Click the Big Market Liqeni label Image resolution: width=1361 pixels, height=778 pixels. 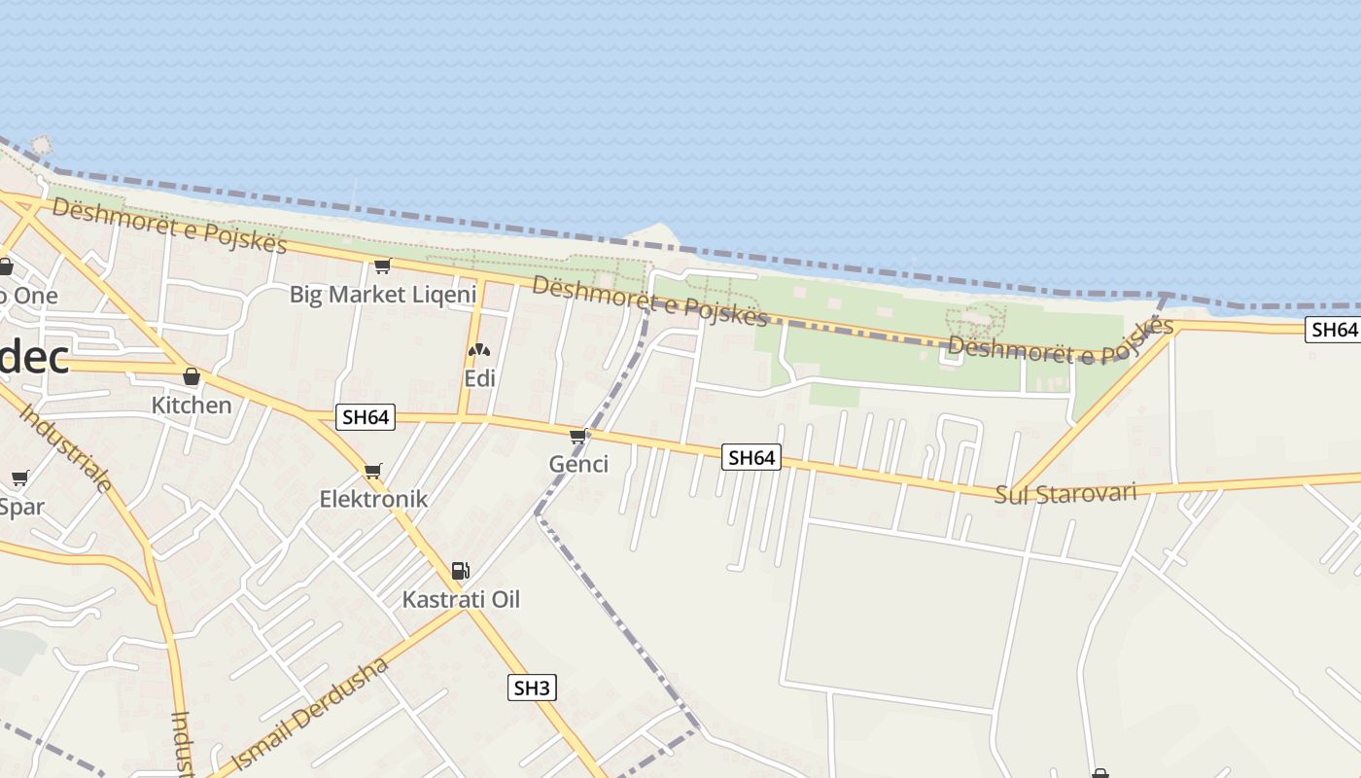383,294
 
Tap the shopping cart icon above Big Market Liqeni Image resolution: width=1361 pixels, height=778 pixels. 382,265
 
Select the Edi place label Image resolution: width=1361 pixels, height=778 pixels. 479,378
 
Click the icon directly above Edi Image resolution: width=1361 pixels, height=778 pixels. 478,350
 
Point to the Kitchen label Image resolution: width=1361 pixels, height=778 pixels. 192,405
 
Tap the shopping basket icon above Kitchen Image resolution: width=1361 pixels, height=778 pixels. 192,376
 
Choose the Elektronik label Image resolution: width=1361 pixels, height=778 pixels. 373,499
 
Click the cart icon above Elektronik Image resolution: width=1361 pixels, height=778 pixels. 373,472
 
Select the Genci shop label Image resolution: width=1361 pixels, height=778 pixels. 578,464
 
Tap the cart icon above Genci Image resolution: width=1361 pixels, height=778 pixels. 579,436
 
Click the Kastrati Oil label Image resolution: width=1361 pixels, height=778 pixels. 461,599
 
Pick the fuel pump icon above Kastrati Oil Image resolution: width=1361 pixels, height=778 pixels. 461,571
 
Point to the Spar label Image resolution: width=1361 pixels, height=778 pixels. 21,507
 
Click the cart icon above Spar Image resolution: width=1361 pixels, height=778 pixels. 19,478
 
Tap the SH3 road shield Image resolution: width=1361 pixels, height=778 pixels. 532,689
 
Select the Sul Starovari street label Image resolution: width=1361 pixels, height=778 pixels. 1065,493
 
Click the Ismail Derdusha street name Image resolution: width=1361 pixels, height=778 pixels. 311,714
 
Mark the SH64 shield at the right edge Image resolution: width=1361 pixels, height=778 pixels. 1333,330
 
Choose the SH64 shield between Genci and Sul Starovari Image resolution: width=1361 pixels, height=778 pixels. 751,457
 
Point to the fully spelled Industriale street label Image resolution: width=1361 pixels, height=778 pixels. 65,447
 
